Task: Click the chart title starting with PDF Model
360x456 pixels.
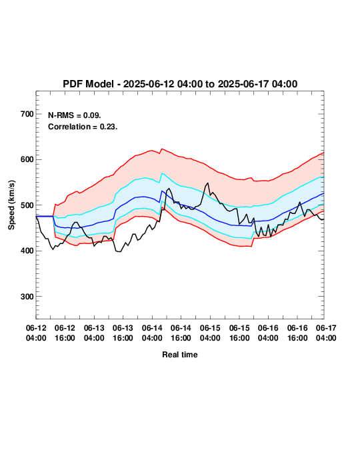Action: [x=180, y=84]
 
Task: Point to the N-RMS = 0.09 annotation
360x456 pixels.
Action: [x=75, y=115]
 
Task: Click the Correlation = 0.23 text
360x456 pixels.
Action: [x=83, y=127]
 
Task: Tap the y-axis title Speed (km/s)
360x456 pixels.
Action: [x=11, y=205]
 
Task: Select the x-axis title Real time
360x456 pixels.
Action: [x=180, y=355]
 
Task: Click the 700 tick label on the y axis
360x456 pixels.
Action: [x=27, y=114]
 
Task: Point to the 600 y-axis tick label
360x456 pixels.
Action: [x=27, y=159]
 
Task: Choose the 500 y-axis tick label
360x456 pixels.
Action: [x=27, y=205]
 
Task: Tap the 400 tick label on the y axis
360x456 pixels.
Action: [x=27, y=251]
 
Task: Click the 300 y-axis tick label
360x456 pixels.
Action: [x=27, y=297]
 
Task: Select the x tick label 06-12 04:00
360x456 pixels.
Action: [x=36, y=333]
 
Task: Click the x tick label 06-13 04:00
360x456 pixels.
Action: [x=94, y=333]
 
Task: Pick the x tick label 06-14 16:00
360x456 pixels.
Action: [x=181, y=333]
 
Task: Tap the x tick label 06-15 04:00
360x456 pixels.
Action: [x=210, y=333]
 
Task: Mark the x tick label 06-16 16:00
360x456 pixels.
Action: [x=297, y=333]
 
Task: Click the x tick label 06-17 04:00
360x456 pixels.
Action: [x=326, y=333]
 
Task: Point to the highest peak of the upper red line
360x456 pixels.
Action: [x=162, y=149]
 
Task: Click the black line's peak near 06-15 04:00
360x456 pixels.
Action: [x=207, y=183]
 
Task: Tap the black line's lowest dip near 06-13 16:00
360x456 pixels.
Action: [x=119, y=251]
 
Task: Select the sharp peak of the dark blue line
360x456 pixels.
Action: [x=162, y=191]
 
